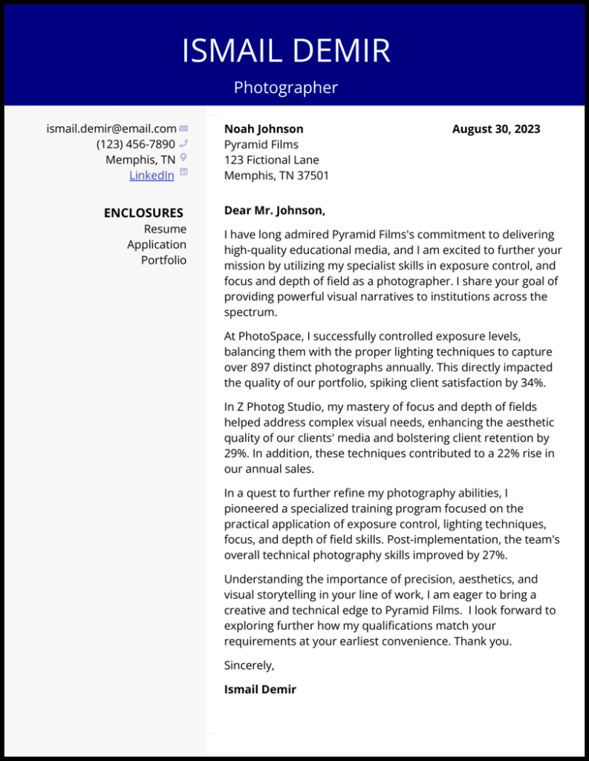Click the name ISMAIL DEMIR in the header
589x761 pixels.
tap(286, 51)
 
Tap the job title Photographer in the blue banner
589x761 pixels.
tap(286, 88)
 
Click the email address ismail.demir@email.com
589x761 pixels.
tap(111, 129)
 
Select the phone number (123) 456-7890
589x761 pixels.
tap(135, 144)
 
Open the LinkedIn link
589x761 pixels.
tap(152, 175)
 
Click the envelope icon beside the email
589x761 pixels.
tap(183, 129)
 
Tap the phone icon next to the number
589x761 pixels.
tap(183, 143)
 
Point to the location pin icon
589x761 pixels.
tap(183, 158)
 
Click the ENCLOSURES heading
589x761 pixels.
tap(143, 213)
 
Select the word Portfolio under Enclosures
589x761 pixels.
tap(163, 260)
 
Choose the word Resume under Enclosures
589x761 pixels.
tap(165, 229)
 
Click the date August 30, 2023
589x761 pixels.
tap(496, 129)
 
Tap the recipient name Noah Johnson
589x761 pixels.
tap(264, 129)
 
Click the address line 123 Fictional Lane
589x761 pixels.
tap(272, 160)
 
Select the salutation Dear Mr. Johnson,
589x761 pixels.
tap(275, 210)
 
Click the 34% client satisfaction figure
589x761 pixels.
tap(532, 383)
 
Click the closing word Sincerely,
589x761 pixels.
tap(250, 665)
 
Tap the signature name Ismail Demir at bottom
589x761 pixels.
tap(260, 689)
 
